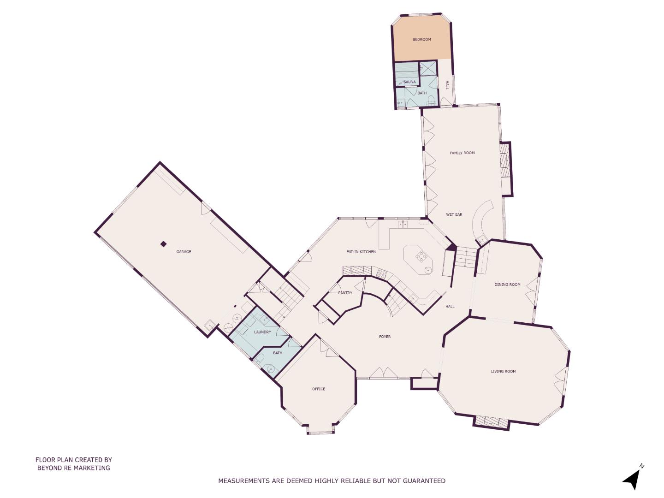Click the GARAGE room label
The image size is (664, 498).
coord(184,252)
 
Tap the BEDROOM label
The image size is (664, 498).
coord(421,40)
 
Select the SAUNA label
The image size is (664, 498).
coord(409,82)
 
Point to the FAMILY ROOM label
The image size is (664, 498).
coord(462,153)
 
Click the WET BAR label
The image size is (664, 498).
coord(454,214)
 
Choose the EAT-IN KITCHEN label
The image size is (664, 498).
coord(361,252)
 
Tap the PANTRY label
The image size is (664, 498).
coord(345,293)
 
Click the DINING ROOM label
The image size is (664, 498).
coord(507,285)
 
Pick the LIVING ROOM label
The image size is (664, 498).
coord(503,371)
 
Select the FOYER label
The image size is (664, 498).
coord(385,337)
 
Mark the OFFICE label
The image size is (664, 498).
coord(319,389)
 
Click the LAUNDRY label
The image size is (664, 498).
coord(262,332)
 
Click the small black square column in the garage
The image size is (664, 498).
coord(163,244)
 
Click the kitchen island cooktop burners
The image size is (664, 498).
coord(421,256)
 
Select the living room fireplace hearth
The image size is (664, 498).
coord(492,422)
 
